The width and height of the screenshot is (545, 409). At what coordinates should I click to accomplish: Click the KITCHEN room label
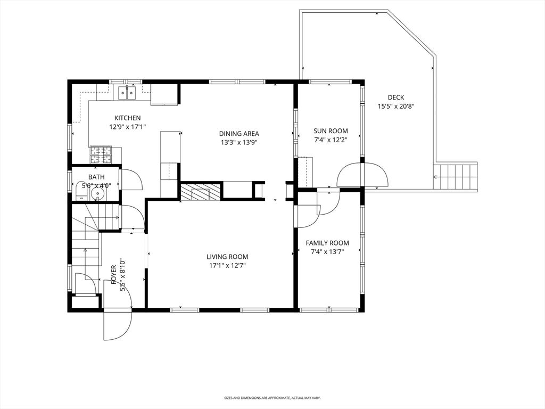coord(128,118)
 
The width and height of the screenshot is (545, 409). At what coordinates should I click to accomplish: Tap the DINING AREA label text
coord(239,134)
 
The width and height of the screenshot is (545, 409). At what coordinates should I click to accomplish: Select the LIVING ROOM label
coord(227,257)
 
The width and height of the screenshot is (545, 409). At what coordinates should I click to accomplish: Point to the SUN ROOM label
coord(331,131)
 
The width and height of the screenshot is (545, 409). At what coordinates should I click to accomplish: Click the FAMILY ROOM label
coord(327,243)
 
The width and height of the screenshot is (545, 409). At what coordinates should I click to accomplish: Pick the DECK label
coord(396,98)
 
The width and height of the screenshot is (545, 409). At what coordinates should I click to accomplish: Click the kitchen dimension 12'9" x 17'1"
coord(128,127)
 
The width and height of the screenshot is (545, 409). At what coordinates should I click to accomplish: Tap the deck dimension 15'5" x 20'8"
coord(396,107)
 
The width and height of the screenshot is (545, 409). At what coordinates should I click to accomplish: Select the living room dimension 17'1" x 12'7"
coord(227,266)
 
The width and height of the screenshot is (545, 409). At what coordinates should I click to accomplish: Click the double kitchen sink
coord(127,93)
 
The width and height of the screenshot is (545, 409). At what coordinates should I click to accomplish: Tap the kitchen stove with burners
coord(101,154)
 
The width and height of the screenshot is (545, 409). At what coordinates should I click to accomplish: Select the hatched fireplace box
coord(200,192)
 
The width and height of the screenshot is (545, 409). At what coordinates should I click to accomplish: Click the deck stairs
coord(455,177)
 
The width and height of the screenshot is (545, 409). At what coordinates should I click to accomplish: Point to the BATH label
coord(96,177)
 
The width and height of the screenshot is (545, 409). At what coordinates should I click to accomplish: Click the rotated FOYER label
coord(114,275)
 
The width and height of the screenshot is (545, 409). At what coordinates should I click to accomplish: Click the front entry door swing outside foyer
coord(118,324)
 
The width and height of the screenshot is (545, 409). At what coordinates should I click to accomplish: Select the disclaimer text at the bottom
coord(272,397)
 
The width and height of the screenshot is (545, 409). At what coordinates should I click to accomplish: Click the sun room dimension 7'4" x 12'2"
coord(331,140)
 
